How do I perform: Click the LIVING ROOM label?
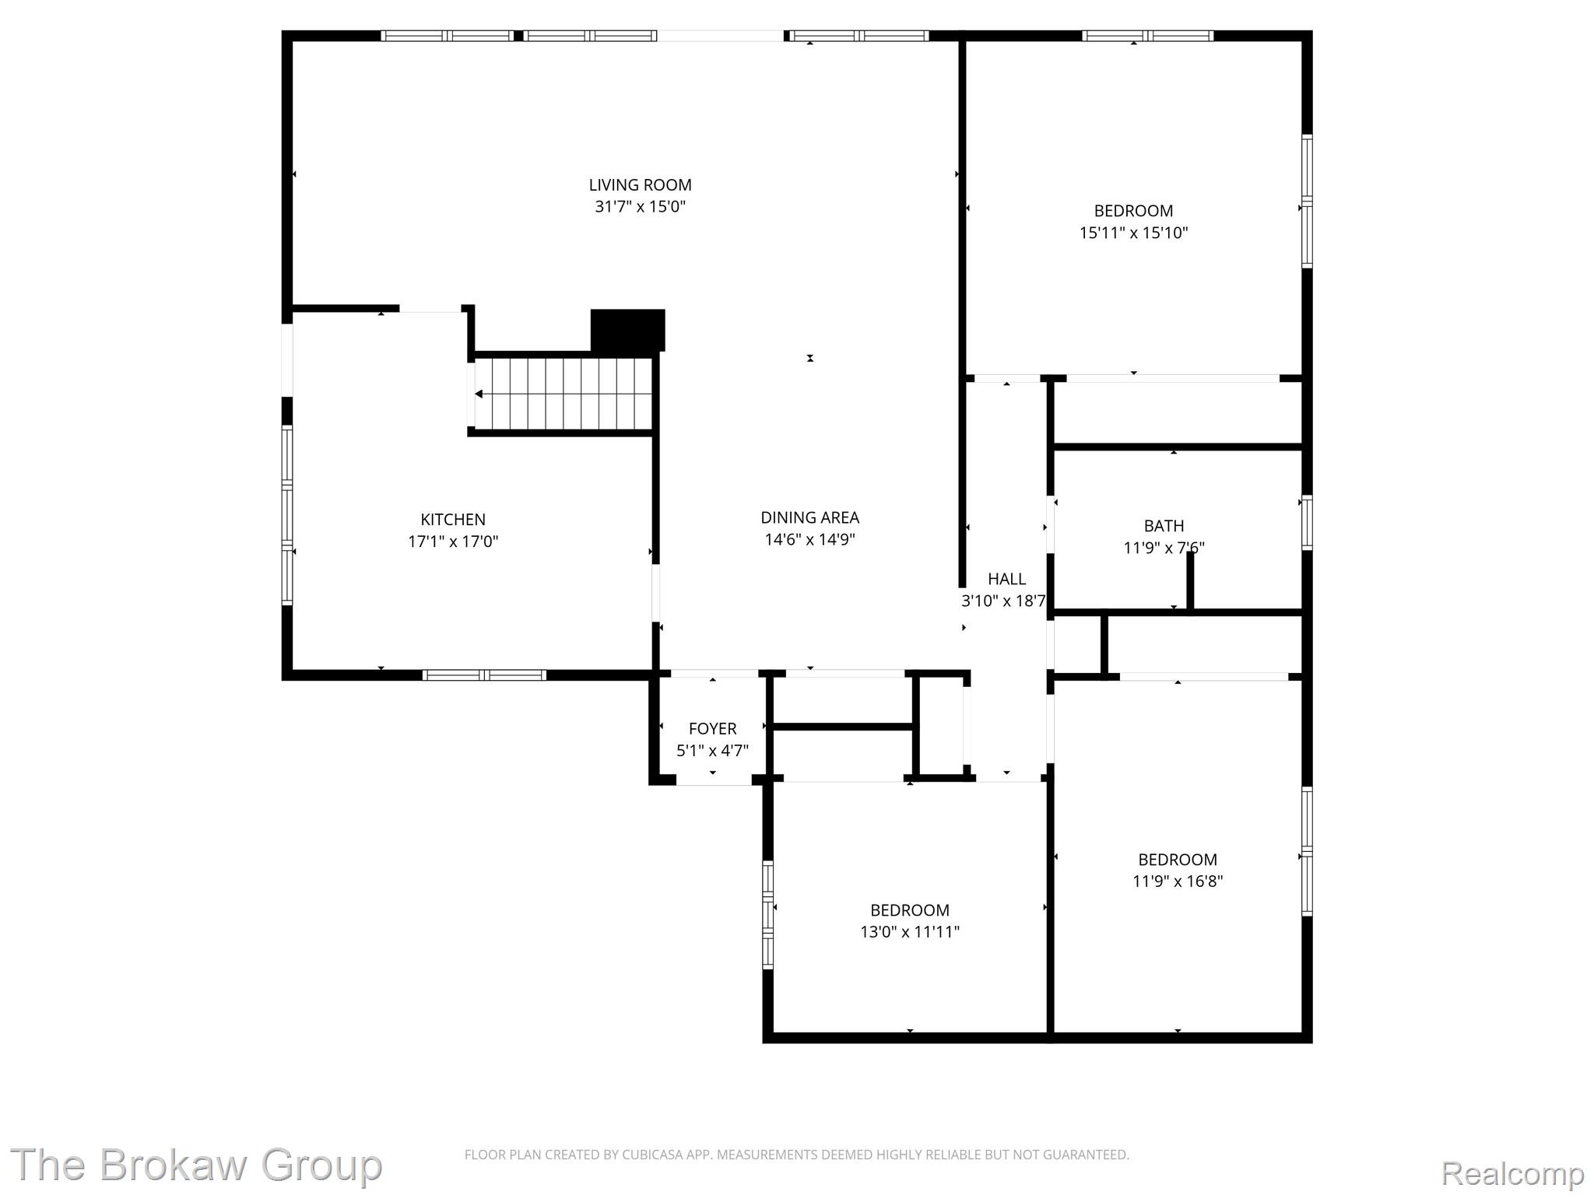pos(640,185)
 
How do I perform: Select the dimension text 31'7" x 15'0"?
pos(640,207)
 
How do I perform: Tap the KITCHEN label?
pos(453,520)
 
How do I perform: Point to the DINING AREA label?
pos(809,517)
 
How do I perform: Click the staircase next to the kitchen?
pos(562,394)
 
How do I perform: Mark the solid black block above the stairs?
pos(627,330)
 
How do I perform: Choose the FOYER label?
pos(712,729)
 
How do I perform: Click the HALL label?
pos(1006,579)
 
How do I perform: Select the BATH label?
pos(1164,526)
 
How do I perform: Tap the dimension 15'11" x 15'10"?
pos(1133,233)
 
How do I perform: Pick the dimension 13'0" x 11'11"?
pos(910,932)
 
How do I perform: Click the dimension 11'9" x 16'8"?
pos(1178,881)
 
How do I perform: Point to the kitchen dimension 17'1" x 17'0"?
pos(453,541)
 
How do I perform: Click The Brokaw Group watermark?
pos(195,1165)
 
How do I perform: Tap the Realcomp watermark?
pos(1512,1172)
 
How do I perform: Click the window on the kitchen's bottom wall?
pos(484,675)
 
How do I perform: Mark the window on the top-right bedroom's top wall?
pos(1147,35)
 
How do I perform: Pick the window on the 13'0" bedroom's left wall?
pos(767,914)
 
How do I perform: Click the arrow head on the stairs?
pos(479,394)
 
